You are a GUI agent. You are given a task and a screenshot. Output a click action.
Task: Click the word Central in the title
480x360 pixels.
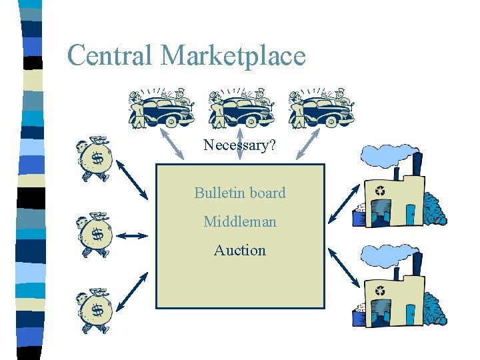click(x=110, y=55)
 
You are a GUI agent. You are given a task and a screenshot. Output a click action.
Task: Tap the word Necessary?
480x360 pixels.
click(x=239, y=145)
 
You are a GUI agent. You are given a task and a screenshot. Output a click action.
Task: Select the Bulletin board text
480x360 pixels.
click(x=240, y=193)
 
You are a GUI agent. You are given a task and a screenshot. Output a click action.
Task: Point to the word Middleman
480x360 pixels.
click(x=240, y=221)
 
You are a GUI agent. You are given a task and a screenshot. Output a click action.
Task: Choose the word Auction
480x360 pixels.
click(x=240, y=250)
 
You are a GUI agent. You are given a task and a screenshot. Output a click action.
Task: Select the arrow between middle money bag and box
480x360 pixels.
click(x=135, y=235)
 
